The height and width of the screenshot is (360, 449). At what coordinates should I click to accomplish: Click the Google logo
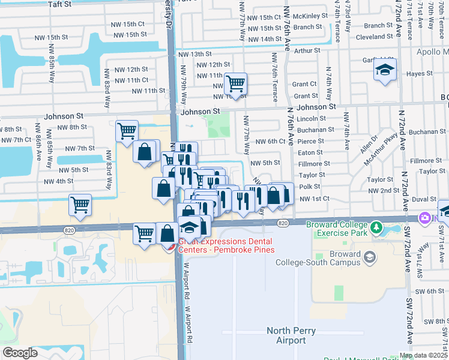click(20, 353)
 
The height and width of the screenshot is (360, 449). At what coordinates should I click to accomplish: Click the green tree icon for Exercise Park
click(376, 227)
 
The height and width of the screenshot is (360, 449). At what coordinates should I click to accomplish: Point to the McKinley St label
click(311, 16)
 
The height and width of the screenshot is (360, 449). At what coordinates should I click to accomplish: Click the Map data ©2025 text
click(424, 355)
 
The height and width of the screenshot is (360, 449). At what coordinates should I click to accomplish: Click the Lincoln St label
click(311, 119)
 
